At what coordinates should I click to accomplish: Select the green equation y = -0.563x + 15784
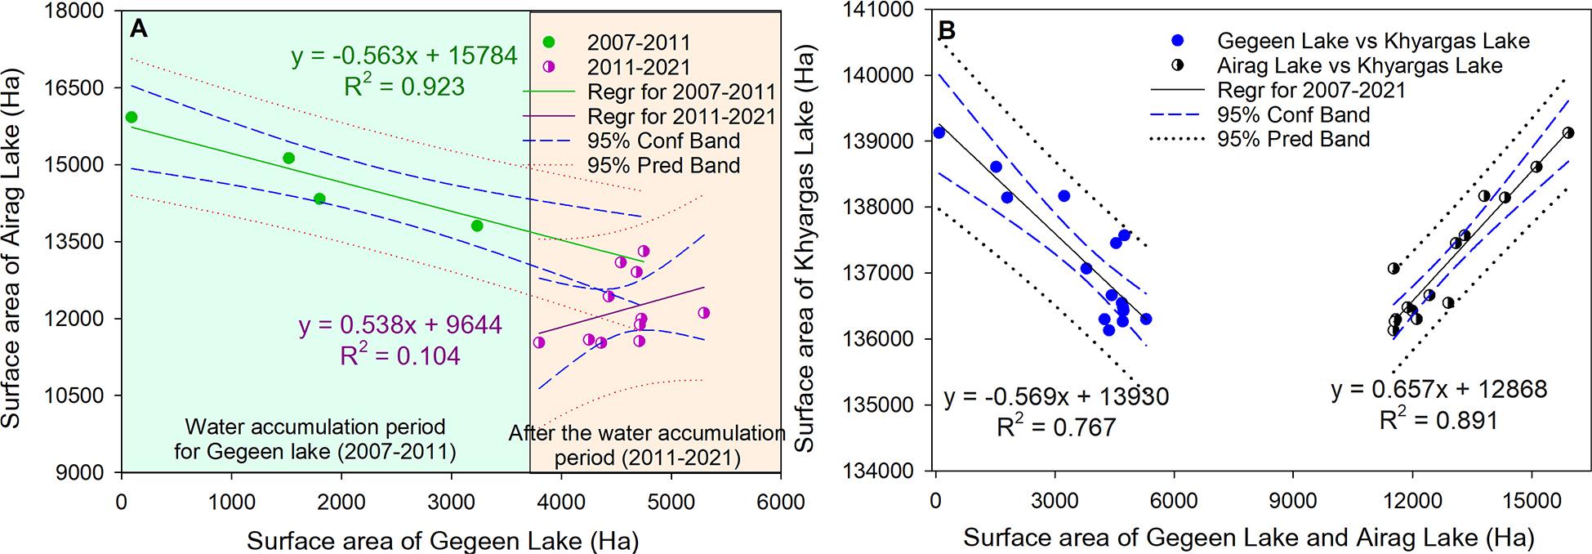[404, 56]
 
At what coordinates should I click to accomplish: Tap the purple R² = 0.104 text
[399, 355]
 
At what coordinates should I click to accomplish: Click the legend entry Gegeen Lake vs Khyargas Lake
[1373, 41]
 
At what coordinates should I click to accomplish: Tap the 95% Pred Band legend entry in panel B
[1293, 139]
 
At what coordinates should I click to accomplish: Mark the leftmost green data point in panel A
[132, 118]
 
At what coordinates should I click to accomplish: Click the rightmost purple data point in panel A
[704, 313]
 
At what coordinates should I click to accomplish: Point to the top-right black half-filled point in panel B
[1568, 132]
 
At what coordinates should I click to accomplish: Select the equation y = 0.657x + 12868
[1438, 390]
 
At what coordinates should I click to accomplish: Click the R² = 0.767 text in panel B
[1056, 427]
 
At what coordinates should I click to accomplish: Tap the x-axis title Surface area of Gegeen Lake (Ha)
[443, 541]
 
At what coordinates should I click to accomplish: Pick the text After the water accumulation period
[647, 433]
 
